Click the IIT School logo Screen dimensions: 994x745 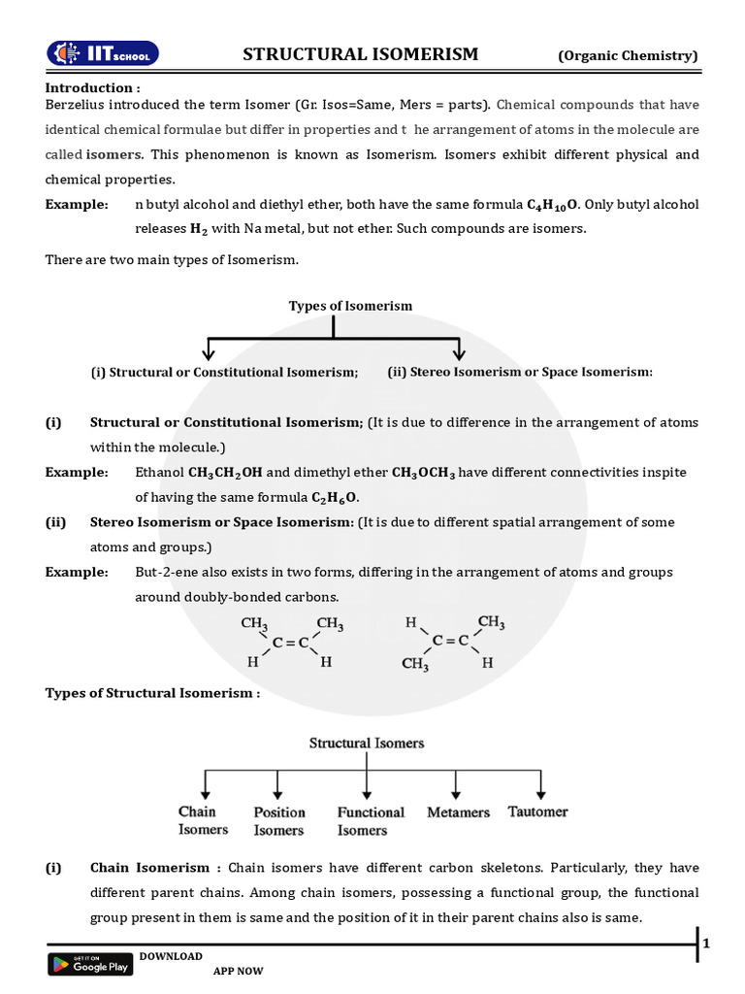tap(104, 53)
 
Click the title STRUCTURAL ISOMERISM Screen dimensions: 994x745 tap(360, 54)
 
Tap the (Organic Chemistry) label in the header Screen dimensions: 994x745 tap(628, 55)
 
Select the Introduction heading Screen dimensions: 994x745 tap(93, 87)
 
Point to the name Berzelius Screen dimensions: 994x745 tap(80, 105)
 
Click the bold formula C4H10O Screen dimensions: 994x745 tap(553, 205)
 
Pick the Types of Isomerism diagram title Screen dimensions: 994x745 tap(350, 306)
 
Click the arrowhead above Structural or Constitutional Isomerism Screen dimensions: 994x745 tap(208, 351)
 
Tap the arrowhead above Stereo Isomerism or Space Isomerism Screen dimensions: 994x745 tap(460, 351)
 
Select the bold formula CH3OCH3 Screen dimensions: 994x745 tap(423, 473)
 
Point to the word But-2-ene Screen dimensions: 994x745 tap(166, 572)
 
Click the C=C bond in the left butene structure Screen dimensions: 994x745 tap(290, 642)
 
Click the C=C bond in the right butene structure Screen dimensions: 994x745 tap(449, 641)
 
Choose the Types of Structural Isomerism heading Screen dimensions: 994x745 tap(152, 693)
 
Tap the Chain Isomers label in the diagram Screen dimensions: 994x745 tap(203, 820)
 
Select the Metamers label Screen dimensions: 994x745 tap(458, 812)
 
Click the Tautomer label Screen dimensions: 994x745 tap(537, 812)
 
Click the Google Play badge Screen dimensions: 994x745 tap(90, 964)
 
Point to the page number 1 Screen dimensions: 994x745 tap(706, 944)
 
